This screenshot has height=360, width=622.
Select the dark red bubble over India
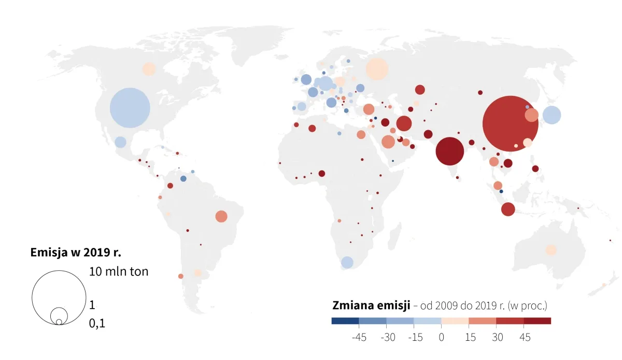pyautogui.click(x=450, y=151)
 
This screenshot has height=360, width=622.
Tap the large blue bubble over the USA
pyautogui.click(x=130, y=108)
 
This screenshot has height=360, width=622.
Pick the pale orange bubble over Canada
pyautogui.click(x=149, y=69)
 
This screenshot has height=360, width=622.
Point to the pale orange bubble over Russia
pyautogui.click(x=377, y=69)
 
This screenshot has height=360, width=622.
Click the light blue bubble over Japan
pyautogui.click(x=552, y=115)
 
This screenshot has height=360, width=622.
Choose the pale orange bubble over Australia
pyautogui.click(x=551, y=250)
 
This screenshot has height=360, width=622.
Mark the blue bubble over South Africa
pyautogui.click(x=347, y=262)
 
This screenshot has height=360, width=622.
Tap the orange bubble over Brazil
pyautogui.click(x=221, y=216)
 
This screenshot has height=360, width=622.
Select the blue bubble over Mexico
pyautogui.click(x=120, y=142)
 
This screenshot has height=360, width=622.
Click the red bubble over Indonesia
pyautogui.click(x=508, y=209)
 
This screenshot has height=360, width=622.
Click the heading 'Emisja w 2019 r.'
pyautogui.click(x=76, y=253)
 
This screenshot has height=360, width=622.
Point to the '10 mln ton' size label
pyautogui.click(x=119, y=271)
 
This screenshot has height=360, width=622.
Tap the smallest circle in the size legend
pyautogui.click(x=59, y=322)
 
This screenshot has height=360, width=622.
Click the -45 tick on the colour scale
pyautogui.click(x=359, y=338)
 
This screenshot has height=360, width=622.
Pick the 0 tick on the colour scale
pyautogui.click(x=441, y=338)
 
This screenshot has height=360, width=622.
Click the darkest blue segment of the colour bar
pyautogui.click(x=345, y=321)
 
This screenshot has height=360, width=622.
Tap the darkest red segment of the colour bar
pyautogui.click(x=537, y=321)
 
